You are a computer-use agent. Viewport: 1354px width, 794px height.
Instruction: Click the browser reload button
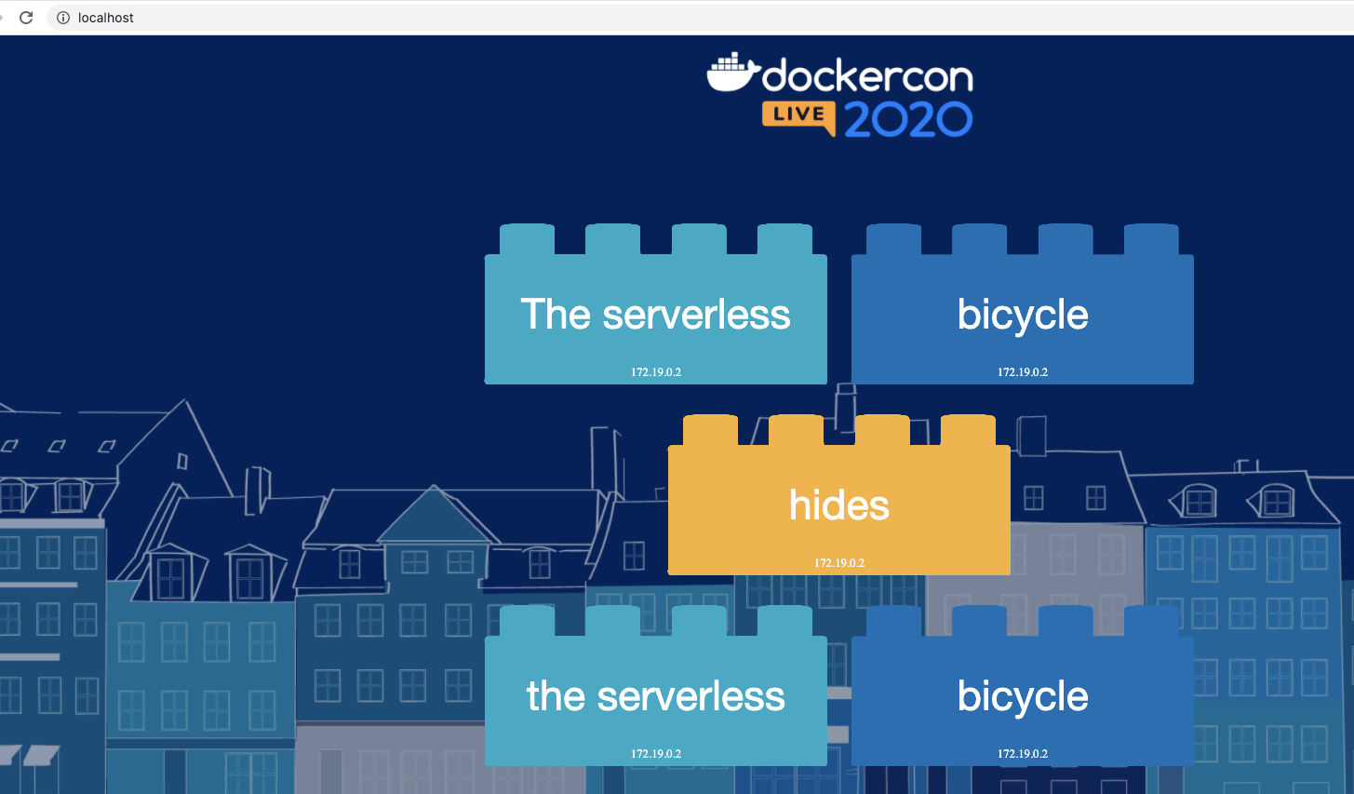[x=26, y=18]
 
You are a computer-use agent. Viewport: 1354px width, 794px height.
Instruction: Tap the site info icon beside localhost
[x=63, y=18]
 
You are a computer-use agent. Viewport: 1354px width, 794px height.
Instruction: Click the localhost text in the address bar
[x=106, y=18]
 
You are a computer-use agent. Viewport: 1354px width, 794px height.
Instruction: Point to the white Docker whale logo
[x=731, y=73]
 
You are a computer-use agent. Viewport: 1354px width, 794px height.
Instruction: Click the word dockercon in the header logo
[x=867, y=76]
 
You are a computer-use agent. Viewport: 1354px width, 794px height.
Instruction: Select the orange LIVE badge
[x=798, y=115]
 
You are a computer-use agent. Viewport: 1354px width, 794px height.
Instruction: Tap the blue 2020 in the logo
[x=908, y=119]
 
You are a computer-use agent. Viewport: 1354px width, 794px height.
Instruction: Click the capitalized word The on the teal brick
[x=556, y=315]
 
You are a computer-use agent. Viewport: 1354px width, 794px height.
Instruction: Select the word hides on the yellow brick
[x=839, y=505]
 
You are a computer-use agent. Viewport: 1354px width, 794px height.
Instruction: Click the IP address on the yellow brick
[x=839, y=563]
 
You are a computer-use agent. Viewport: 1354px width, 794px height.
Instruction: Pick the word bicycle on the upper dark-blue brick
[x=1023, y=315]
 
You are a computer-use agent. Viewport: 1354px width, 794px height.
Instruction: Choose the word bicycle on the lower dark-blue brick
[x=1023, y=696]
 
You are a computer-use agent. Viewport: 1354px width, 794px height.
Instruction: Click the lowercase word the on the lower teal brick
[x=556, y=696]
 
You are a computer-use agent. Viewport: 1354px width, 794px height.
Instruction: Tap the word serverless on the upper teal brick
[x=696, y=315]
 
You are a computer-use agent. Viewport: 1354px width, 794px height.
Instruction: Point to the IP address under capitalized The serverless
[x=656, y=372]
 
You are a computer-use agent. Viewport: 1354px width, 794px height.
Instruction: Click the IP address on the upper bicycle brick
[x=1023, y=372]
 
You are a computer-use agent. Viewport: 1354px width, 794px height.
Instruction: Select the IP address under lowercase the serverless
[x=656, y=754]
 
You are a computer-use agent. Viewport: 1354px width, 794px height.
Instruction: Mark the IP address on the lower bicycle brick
[x=1023, y=754]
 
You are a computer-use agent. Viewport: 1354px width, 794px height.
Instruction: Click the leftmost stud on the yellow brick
[x=710, y=430]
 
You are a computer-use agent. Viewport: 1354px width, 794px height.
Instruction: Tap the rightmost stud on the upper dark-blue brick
[x=1151, y=238]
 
